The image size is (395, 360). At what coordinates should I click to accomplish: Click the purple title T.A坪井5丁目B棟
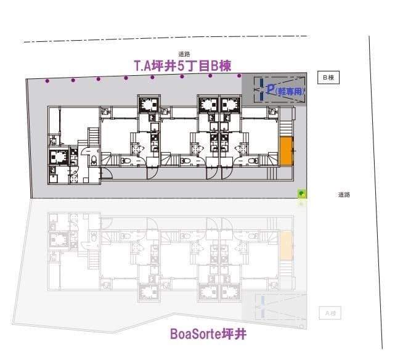pyautogui.click(x=182, y=66)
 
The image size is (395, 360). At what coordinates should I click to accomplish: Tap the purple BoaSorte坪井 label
pyautogui.click(x=208, y=334)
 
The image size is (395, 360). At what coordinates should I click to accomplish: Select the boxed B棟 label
pyautogui.click(x=328, y=77)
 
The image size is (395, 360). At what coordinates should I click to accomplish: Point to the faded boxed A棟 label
pyautogui.click(x=330, y=313)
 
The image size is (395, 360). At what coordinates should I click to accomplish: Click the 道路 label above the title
pyautogui.click(x=184, y=54)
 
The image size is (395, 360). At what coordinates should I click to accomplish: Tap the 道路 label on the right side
pyautogui.click(x=344, y=194)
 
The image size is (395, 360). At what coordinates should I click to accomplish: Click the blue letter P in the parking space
pyautogui.click(x=270, y=89)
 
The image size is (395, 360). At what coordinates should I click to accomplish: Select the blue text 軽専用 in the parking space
pyautogui.click(x=290, y=91)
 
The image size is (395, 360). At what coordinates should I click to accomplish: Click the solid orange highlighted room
pyautogui.click(x=287, y=151)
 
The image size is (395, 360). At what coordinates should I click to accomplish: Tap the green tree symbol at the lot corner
pyautogui.click(x=302, y=194)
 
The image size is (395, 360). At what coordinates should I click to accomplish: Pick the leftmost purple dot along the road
pyautogui.click(x=47, y=81)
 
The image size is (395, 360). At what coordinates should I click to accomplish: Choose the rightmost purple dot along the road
pyautogui.click(x=239, y=76)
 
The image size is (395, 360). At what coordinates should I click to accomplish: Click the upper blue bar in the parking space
pyautogui.click(x=261, y=82)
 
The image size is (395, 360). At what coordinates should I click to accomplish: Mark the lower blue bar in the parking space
pyautogui.click(x=261, y=96)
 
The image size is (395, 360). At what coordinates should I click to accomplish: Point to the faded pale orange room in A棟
pyautogui.click(x=287, y=246)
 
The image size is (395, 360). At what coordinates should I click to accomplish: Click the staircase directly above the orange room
pyautogui.click(x=286, y=128)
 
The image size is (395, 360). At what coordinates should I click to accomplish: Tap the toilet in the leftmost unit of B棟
pyautogui.click(x=94, y=160)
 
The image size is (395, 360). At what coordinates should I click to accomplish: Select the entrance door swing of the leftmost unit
pyautogui.click(x=106, y=173)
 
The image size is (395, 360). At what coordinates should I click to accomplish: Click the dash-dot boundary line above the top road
pyautogui.click(x=166, y=39)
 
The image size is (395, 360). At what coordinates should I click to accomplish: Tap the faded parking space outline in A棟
pyautogui.click(x=280, y=306)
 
